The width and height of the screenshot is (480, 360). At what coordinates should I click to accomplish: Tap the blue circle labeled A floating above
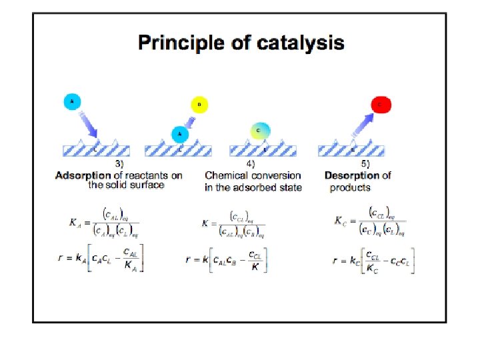coord(73,102)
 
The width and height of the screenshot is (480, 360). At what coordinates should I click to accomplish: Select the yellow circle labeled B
coord(199,105)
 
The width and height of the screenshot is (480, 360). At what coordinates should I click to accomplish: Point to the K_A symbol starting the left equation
coord(76,223)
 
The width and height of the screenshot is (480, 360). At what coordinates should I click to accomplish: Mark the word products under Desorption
coord(350,187)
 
